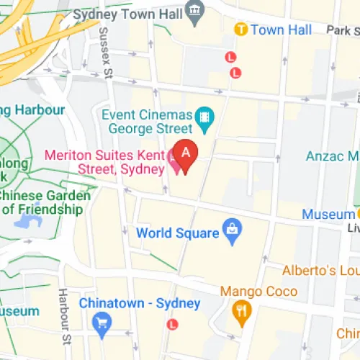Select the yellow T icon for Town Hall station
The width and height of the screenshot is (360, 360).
click(x=241, y=30)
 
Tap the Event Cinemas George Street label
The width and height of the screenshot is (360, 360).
click(x=148, y=122)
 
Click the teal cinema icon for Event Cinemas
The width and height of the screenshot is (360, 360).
click(x=206, y=115)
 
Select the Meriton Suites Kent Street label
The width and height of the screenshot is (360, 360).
click(x=105, y=162)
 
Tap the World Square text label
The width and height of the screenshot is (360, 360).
click(x=177, y=233)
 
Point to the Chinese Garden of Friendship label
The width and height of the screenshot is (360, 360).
click(x=45, y=202)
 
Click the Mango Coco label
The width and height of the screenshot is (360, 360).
click(x=258, y=292)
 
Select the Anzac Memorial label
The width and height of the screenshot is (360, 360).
click(x=332, y=156)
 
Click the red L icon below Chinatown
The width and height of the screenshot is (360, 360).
click(x=171, y=325)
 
